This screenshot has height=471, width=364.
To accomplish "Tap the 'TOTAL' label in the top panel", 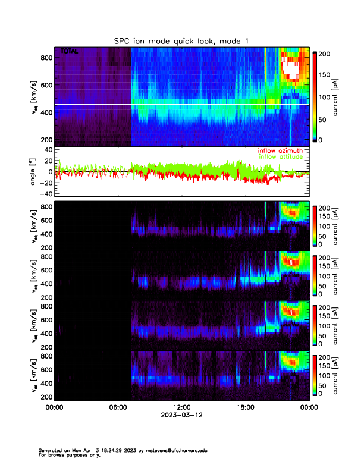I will point(69,52).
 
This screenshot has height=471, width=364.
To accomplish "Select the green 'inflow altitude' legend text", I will point(281,157).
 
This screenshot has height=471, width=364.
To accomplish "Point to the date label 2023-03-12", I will point(181,416).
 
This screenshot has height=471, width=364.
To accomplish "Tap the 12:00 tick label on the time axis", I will point(181,408).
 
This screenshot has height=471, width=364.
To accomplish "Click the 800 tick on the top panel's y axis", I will point(45,57).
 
